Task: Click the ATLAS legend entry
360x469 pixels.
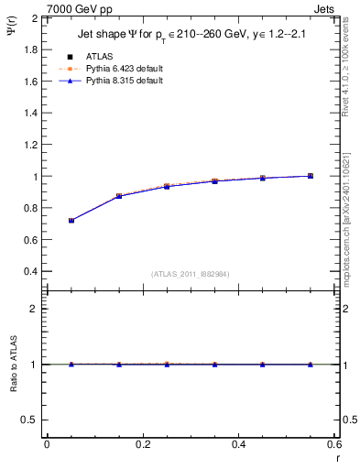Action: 99,57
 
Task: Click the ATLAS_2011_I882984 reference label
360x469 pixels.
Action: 190,274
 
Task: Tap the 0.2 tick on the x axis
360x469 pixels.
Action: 143,444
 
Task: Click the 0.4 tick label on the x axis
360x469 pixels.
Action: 238,444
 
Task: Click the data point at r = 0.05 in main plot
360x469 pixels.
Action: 71,221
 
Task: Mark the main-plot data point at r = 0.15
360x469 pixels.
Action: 119,196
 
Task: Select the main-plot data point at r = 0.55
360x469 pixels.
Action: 311,176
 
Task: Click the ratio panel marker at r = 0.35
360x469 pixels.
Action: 215,365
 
